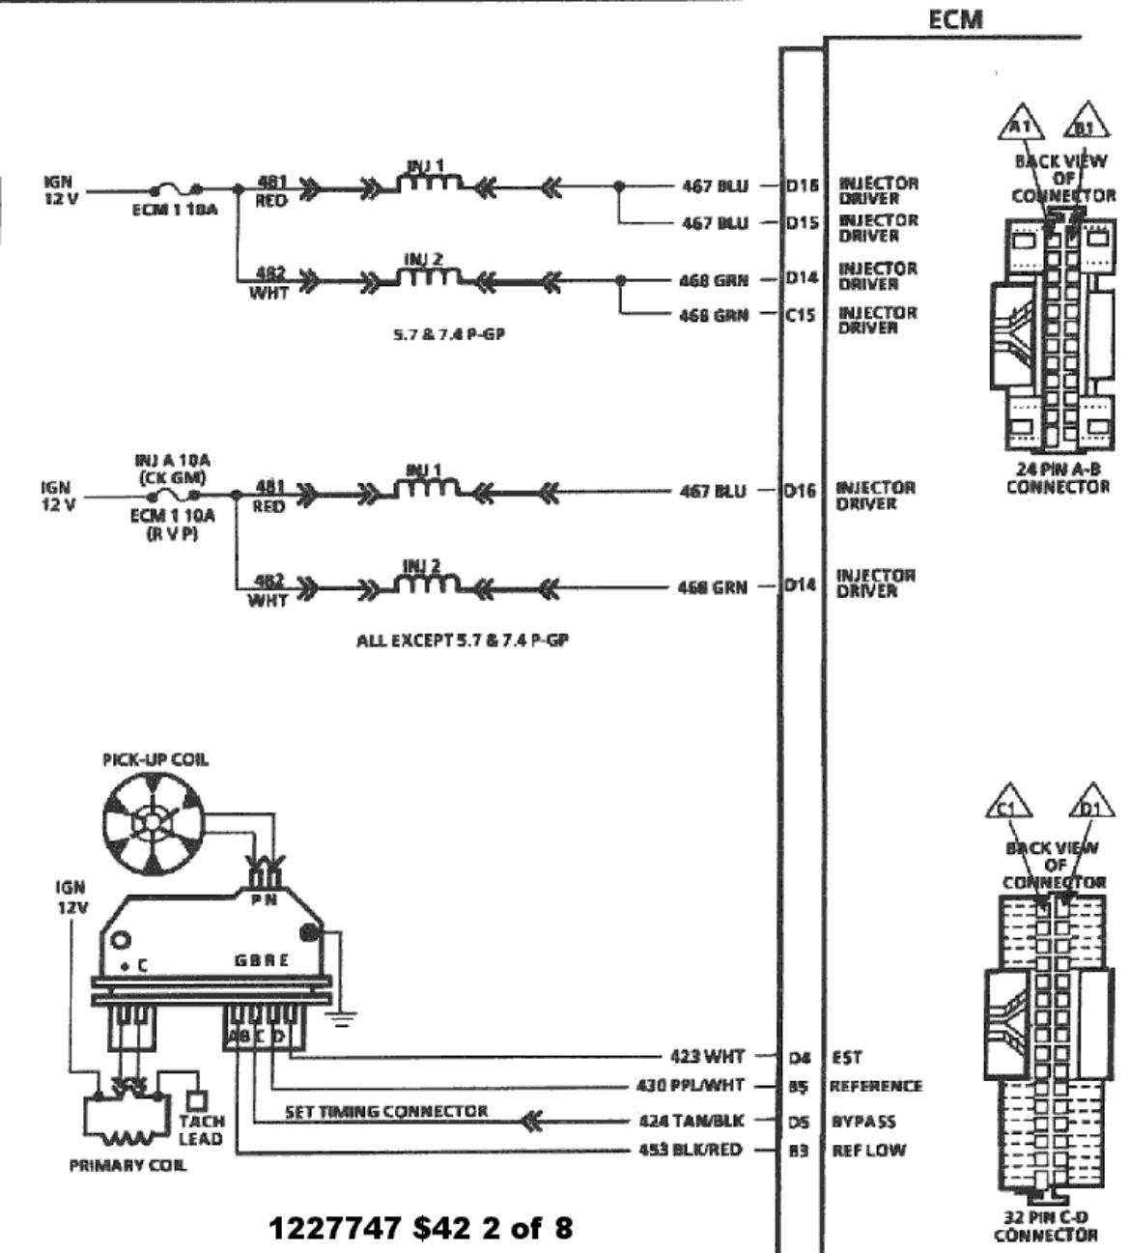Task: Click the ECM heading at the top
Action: pyautogui.click(x=955, y=19)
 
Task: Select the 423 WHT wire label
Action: pyautogui.click(x=708, y=1057)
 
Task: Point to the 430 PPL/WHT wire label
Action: pyautogui.click(x=692, y=1085)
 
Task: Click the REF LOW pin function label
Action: pyautogui.click(x=865, y=1150)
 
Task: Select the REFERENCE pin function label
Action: pyautogui.click(x=876, y=1086)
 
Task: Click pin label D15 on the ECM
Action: pyautogui.click(x=801, y=223)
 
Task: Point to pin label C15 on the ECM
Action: pyautogui.click(x=801, y=314)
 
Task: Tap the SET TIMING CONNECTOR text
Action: pyautogui.click(x=386, y=1111)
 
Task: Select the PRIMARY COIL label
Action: pyautogui.click(x=128, y=1165)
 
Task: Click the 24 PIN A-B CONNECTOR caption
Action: pyautogui.click(x=1058, y=477)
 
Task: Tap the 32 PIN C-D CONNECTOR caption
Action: pyautogui.click(x=1046, y=1226)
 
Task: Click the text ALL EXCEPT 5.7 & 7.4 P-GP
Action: pyautogui.click(x=462, y=641)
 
